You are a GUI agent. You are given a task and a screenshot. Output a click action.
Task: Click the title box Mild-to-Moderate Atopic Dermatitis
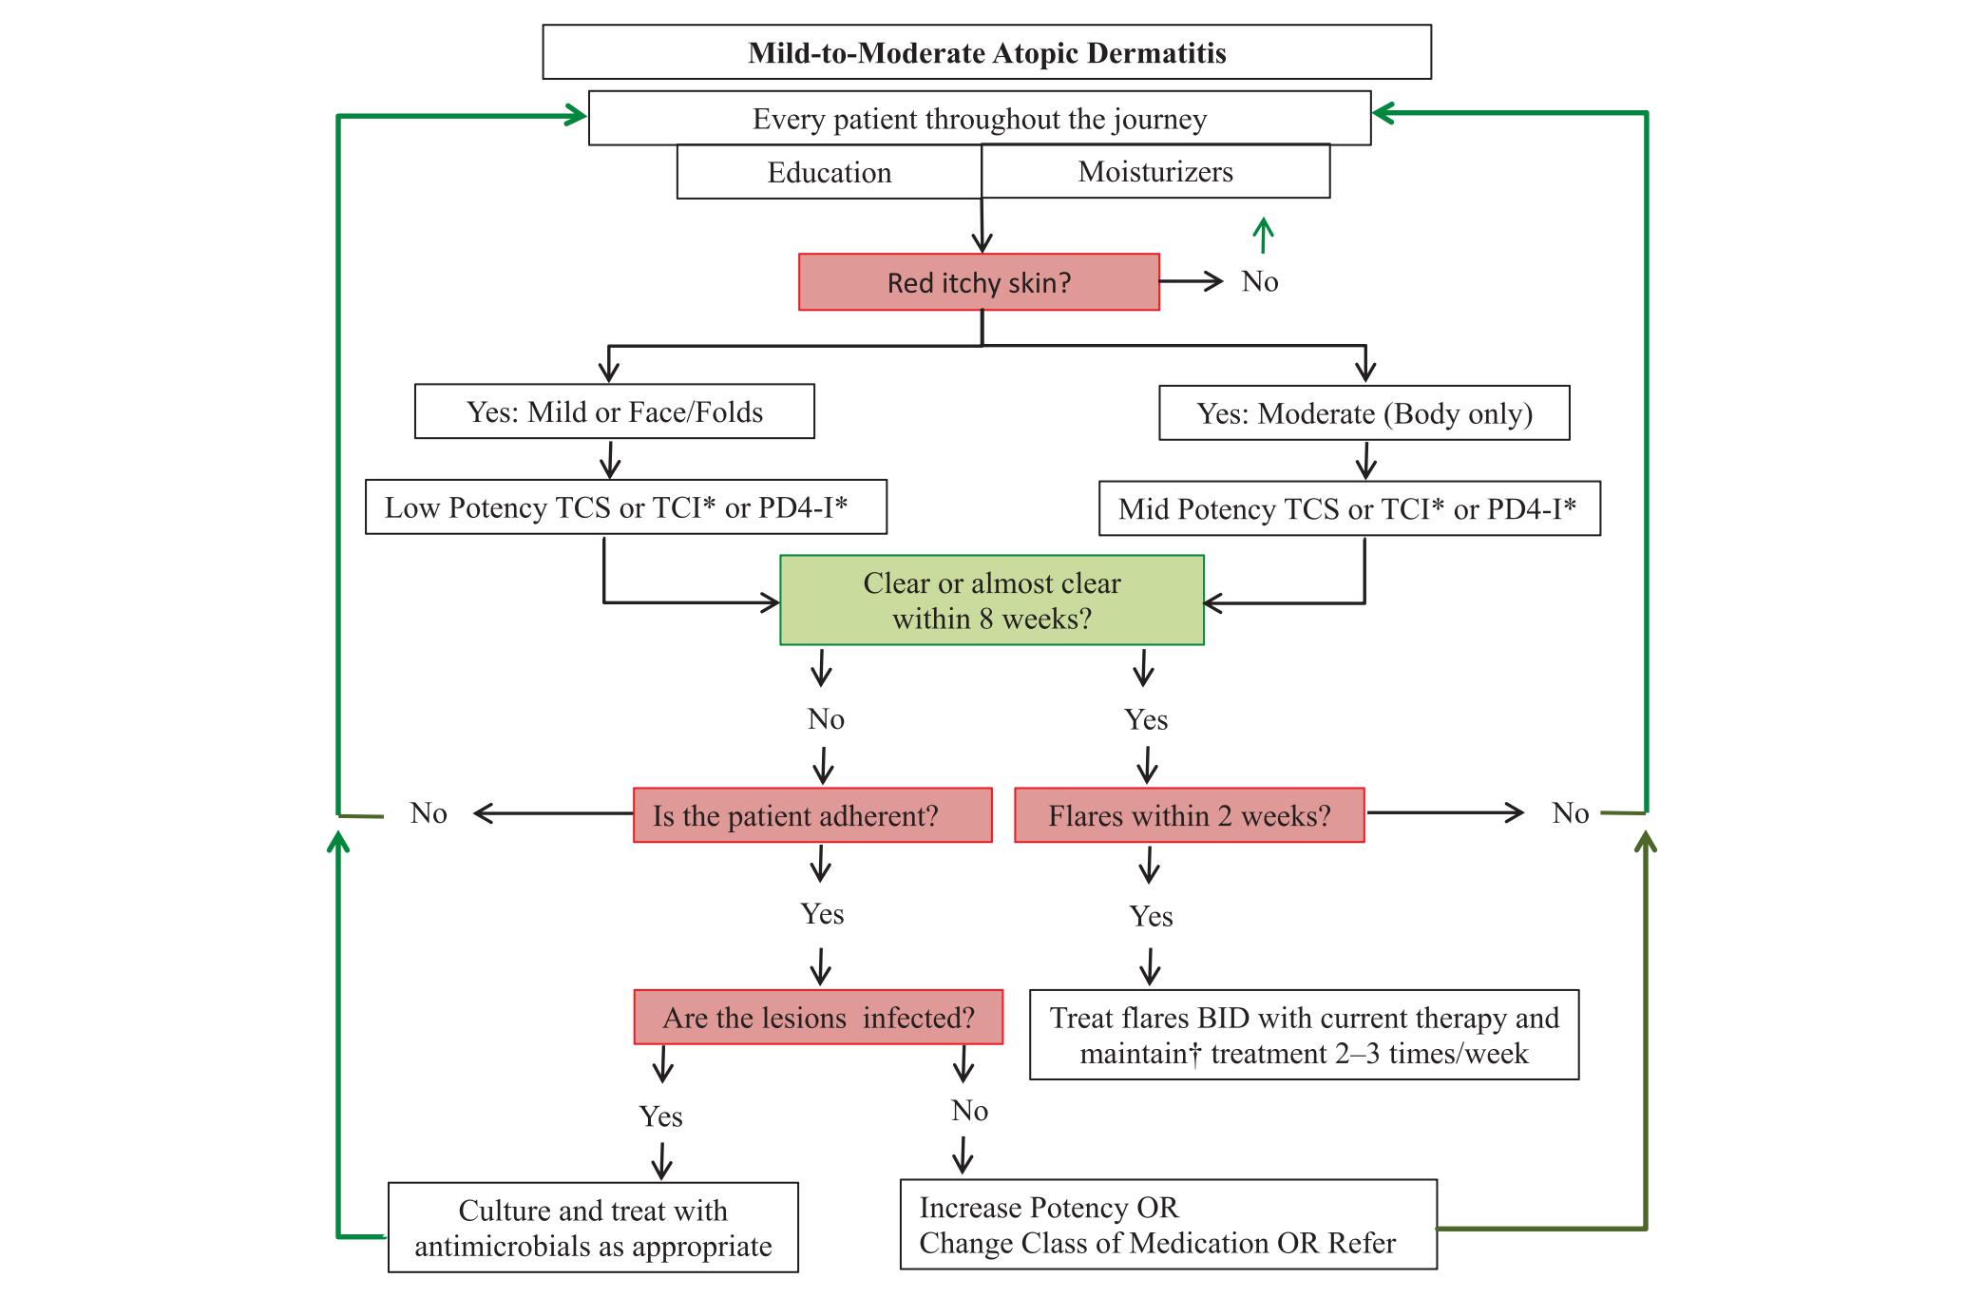pyautogui.click(x=986, y=52)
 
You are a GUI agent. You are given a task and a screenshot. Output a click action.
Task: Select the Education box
pyautogui.click(x=829, y=173)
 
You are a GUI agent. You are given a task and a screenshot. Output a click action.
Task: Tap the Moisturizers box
pyautogui.click(x=1155, y=172)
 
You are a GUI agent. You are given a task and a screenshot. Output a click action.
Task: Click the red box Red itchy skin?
pyautogui.click(x=979, y=282)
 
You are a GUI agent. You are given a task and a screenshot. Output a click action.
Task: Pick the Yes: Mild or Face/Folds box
pyautogui.click(x=614, y=411)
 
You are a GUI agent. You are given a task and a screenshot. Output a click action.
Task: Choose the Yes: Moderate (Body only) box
pyautogui.click(x=1364, y=413)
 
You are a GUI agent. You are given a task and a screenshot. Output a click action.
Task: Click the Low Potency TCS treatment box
pyautogui.click(x=625, y=507)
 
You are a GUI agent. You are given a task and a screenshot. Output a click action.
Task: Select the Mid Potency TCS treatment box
pyautogui.click(x=1349, y=509)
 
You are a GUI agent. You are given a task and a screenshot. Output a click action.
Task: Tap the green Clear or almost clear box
pyautogui.click(x=991, y=601)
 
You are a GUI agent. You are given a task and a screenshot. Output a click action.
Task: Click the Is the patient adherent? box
pyautogui.click(x=812, y=815)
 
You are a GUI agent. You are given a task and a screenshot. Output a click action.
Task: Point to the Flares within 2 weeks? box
pyautogui.click(x=1189, y=815)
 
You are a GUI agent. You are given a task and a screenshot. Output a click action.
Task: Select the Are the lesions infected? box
pyautogui.click(x=818, y=1018)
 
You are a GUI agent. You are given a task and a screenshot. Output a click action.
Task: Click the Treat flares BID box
pyautogui.click(x=1304, y=1035)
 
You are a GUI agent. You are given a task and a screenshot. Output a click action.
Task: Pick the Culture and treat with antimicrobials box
pyautogui.click(x=593, y=1228)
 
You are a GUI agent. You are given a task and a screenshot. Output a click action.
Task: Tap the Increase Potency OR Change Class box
pyautogui.click(x=1168, y=1225)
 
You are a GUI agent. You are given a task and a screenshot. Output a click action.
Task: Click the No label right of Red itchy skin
pyautogui.click(x=1260, y=281)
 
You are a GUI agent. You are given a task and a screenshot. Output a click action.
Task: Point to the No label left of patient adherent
pyautogui.click(x=429, y=813)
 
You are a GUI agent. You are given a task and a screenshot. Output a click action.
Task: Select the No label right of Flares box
pyautogui.click(x=1570, y=813)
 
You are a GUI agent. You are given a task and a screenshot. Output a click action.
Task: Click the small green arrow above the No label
pyautogui.click(x=1263, y=235)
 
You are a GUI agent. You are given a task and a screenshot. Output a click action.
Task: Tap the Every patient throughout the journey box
pyautogui.click(x=979, y=119)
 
